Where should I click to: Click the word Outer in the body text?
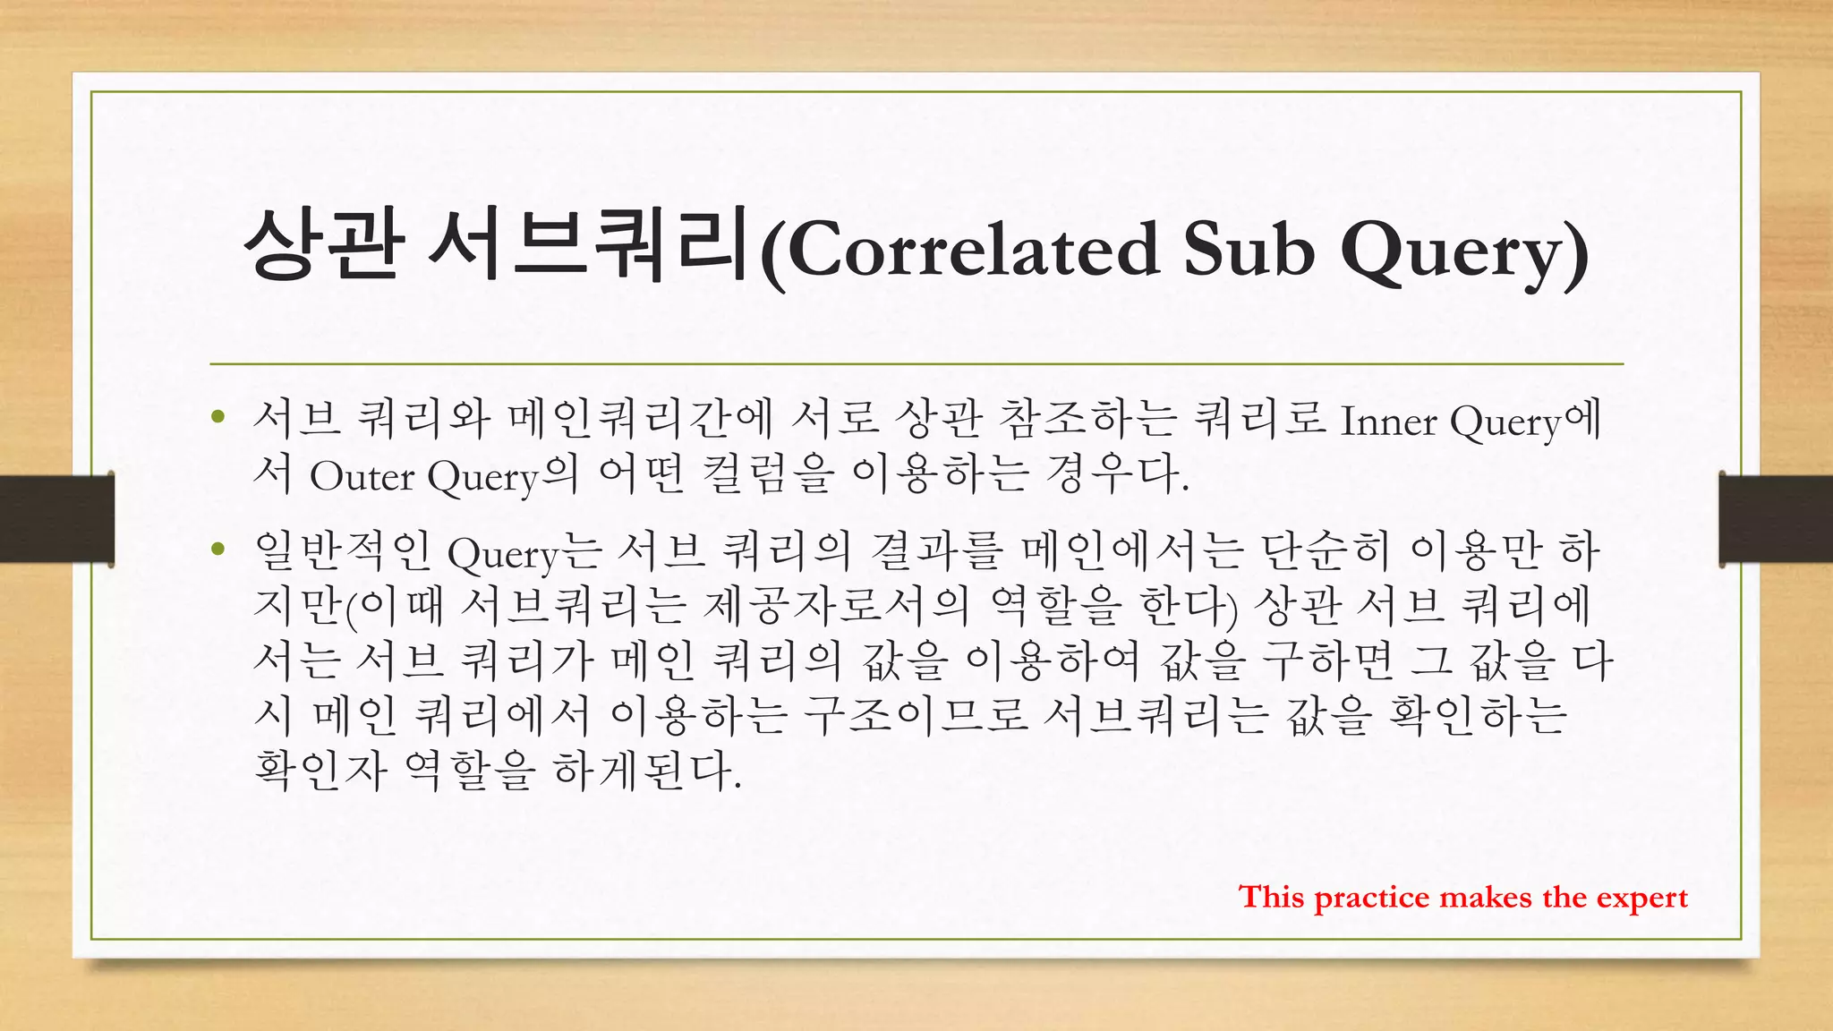362,476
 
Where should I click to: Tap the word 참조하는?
1087,419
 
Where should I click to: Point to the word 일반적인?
343,551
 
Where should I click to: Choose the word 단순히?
1326,551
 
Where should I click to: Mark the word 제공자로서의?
837,606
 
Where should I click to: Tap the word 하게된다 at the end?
646,770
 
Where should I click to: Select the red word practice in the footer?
1372,898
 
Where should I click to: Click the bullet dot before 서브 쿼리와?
217,417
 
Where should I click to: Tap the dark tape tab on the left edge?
56,518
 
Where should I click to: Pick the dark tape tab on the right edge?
1776,518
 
